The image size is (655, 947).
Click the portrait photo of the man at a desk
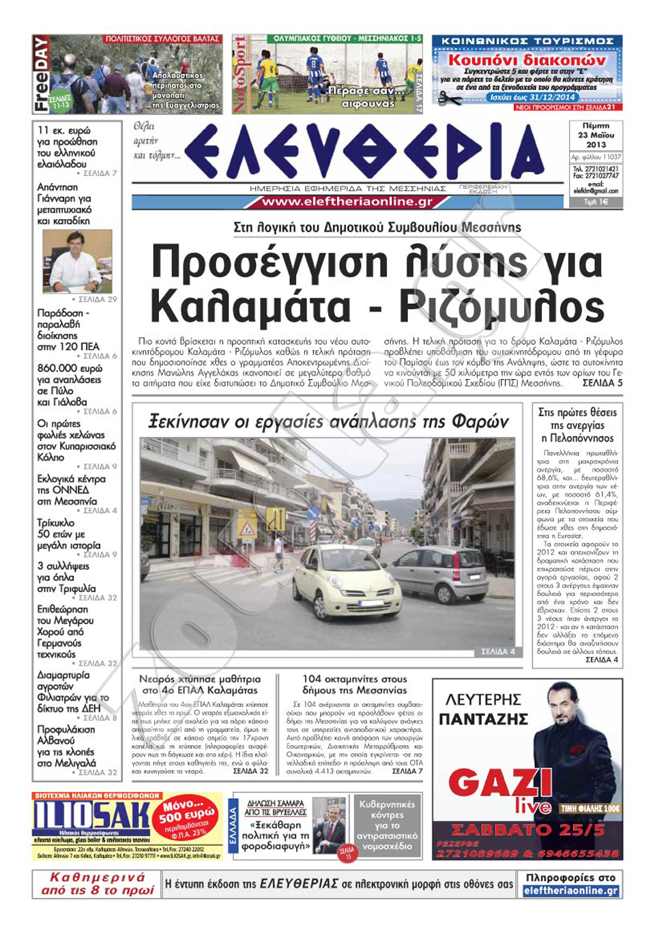tap(77, 261)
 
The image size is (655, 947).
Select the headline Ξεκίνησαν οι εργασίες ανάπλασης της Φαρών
tap(328, 423)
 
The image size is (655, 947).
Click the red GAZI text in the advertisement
tap(500, 782)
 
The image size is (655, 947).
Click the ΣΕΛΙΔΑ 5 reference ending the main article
tap(602, 384)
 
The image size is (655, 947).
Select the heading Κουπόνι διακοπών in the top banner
tap(527, 60)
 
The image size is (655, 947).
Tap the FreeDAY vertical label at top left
tap(41, 74)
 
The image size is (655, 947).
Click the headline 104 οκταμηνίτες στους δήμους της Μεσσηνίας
tap(354, 685)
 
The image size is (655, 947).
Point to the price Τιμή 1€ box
tap(596, 202)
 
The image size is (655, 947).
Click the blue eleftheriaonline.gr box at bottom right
tap(571, 891)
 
